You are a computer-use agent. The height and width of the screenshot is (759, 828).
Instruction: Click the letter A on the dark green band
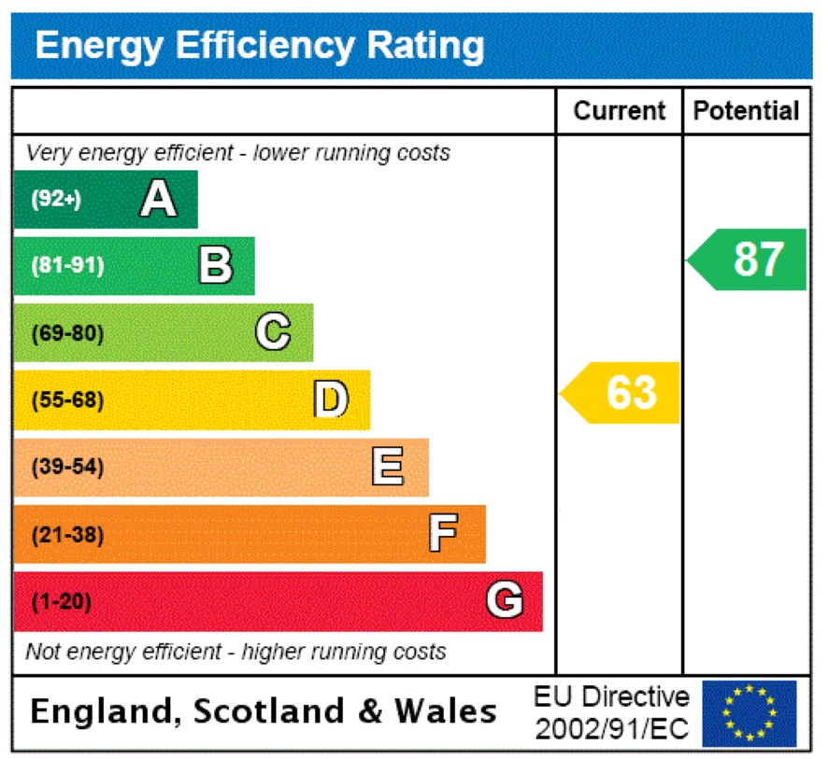coord(158,199)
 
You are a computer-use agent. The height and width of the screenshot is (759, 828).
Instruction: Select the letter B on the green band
coord(215,266)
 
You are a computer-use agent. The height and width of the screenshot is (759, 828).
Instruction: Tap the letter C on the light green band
coord(273,332)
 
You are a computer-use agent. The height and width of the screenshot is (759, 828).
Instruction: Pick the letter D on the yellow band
coord(330,400)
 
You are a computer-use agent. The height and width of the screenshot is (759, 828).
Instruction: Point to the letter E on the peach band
coord(388,467)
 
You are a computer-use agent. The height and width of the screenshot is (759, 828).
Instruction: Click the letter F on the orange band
coord(443,534)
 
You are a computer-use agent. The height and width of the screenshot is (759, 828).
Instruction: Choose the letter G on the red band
coord(504,601)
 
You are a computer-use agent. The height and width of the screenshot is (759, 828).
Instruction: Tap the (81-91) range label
coord(67,266)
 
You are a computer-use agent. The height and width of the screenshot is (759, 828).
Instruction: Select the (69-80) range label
coord(67,333)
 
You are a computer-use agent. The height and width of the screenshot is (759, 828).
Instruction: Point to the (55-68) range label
coord(67,401)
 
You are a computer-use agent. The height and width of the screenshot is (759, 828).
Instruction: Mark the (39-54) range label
coord(67,468)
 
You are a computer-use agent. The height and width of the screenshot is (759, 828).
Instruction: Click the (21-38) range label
coord(67,535)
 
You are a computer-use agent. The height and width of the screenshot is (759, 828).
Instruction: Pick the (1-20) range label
coord(62,602)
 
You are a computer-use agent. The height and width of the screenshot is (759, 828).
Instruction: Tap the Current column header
coord(619,111)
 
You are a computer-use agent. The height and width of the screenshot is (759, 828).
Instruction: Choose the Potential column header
coord(746,111)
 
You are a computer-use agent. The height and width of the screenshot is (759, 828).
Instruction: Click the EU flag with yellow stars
coord(749,713)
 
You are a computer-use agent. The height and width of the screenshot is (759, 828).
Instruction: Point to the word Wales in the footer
coord(445,711)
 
